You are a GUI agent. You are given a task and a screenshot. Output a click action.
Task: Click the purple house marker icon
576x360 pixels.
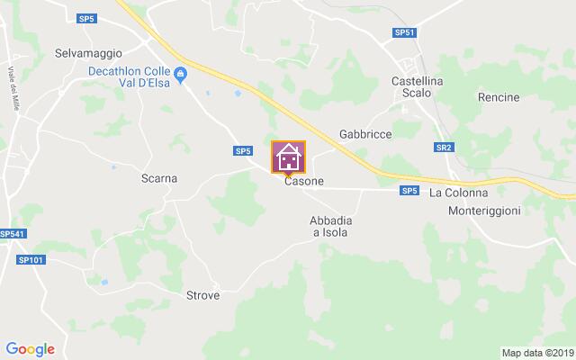click(x=289, y=157)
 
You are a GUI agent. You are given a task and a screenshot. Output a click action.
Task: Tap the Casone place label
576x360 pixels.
click(x=304, y=181)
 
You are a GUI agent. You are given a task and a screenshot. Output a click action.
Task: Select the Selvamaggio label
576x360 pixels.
click(x=88, y=53)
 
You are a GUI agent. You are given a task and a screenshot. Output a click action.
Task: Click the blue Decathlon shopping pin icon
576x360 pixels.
click(x=181, y=75)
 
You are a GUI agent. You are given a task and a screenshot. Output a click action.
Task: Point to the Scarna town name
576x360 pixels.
click(x=159, y=178)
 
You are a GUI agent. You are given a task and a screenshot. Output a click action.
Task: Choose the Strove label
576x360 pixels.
click(x=202, y=294)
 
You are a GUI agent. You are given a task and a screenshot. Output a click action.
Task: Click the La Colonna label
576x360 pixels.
click(x=459, y=193)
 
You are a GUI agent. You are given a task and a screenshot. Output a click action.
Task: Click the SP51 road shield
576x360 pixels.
click(x=405, y=33)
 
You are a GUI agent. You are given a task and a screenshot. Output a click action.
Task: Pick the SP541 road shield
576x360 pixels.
click(x=13, y=234)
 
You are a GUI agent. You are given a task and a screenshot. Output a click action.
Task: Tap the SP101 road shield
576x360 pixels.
click(x=30, y=259)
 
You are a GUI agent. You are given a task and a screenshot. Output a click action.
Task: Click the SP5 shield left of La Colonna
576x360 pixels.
click(x=409, y=190)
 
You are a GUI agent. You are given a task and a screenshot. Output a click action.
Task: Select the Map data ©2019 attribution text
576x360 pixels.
click(x=536, y=353)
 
